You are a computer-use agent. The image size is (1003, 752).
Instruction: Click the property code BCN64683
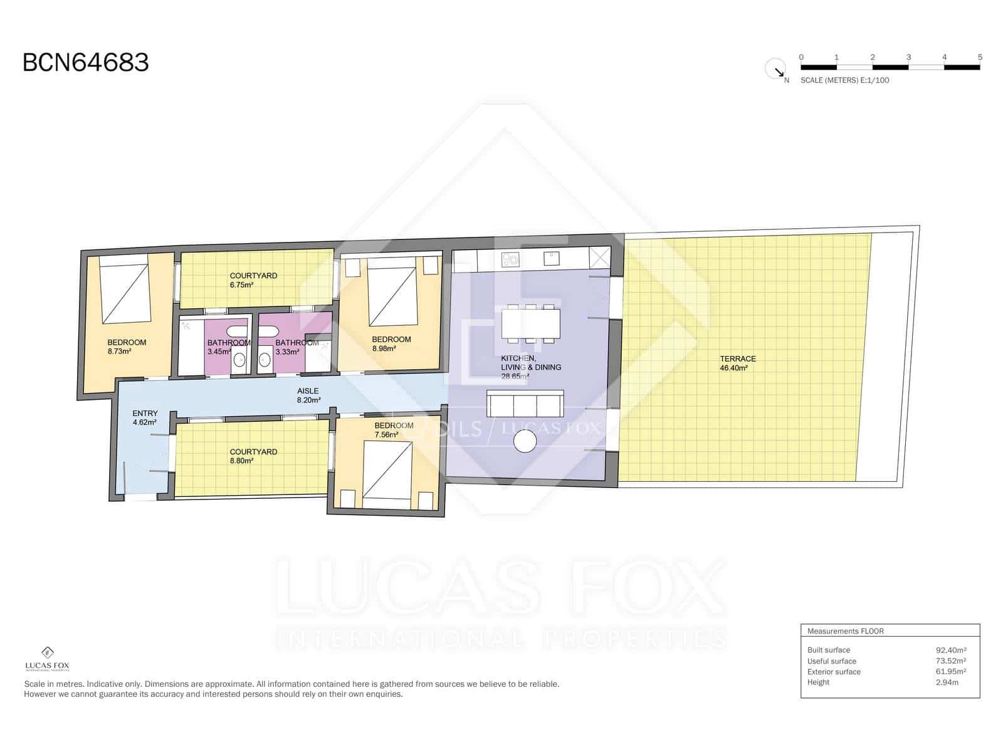coord(86,63)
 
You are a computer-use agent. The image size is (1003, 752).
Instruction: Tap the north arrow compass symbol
coord(776,69)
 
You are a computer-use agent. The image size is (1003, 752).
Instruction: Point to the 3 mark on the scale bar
coord(908,58)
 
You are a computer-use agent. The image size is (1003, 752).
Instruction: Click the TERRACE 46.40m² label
coord(737,363)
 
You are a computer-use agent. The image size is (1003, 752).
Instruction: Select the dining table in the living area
coord(530,323)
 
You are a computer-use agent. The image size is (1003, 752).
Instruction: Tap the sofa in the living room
coord(525,404)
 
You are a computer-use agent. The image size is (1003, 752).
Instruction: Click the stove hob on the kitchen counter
coord(510,258)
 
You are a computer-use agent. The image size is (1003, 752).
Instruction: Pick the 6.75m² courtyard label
coord(253,280)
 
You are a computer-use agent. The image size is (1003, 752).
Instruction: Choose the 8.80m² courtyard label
coord(253,456)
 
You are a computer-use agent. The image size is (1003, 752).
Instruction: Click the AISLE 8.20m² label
coord(308,395)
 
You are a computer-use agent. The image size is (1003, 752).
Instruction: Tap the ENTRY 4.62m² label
coord(145,418)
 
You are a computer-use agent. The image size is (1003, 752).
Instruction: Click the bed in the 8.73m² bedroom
coord(125,293)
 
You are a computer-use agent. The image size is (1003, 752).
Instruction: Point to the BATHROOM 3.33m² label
coord(296,347)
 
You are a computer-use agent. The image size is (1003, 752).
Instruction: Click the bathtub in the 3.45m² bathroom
coord(236,332)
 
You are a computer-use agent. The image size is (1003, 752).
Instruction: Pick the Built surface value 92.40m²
coord(950,650)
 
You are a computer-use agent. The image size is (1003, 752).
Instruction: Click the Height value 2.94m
coord(947,682)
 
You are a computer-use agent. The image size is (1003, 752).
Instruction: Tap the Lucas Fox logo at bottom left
coord(47,658)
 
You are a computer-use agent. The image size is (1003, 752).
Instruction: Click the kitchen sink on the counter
coord(552,256)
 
